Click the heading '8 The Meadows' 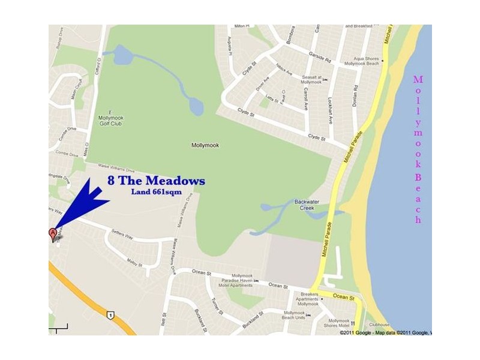(x=156, y=181)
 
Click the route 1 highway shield (x=110, y=314)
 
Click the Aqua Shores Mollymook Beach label (x=367, y=62)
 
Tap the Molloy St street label (x=134, y=263)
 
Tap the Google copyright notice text (x=384, y=332)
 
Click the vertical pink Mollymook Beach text (x=418, y=149)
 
